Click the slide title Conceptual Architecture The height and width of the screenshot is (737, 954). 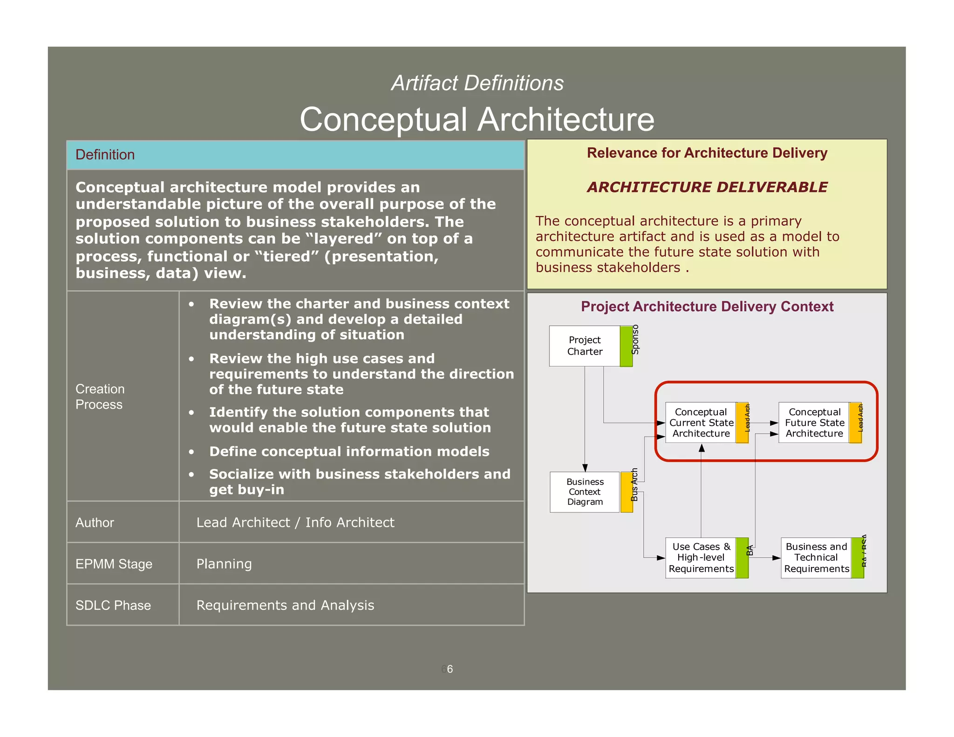click(477, 119)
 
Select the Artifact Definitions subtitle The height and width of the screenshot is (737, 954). click(477, 83)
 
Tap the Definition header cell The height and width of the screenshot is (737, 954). click(295, 155)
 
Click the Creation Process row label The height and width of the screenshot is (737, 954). click(100, 396)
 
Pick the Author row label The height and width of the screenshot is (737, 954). click(95, 523)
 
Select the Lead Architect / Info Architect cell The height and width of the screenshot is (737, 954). click(295, 523)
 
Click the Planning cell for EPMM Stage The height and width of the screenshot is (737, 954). click(224, 564)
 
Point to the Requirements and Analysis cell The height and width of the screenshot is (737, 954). click(285, 605)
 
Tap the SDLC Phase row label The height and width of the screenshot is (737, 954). click(113, 605)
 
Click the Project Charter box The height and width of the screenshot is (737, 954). click(585, 346)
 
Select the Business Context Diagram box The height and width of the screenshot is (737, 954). click(585, 492)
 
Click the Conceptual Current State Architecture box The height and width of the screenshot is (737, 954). click(701, 423)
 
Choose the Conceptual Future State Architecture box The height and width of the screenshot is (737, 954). click(814, 423)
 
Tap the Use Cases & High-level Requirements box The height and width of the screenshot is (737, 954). click(701, 558)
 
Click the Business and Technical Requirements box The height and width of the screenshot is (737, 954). click(816, 558)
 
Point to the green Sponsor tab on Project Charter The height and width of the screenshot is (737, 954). click(626, 346)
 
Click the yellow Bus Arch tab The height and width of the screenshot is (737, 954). click(627, 492)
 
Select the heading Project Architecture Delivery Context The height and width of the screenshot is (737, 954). click(707, 307)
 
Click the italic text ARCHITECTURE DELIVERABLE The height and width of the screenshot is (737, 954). click(707, 187)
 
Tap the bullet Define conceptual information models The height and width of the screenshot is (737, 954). click(349, 451)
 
